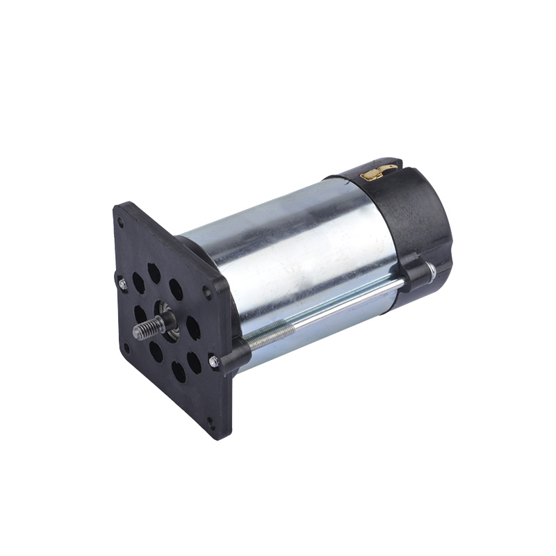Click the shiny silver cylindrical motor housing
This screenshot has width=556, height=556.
(x=306, y=250)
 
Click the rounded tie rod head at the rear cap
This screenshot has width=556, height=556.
(x=431, y=270)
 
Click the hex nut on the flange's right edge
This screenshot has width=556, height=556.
(x=215, y=361)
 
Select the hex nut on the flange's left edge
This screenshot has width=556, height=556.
(x=123, y=283)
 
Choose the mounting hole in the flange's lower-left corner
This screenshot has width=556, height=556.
(x=126, y=348)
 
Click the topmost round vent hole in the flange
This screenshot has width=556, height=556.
(x=154, y=272)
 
